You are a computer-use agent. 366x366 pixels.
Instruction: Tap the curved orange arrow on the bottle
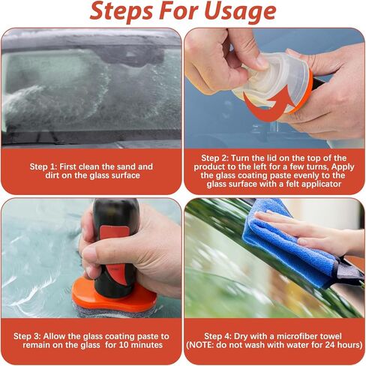coord(259,105)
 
